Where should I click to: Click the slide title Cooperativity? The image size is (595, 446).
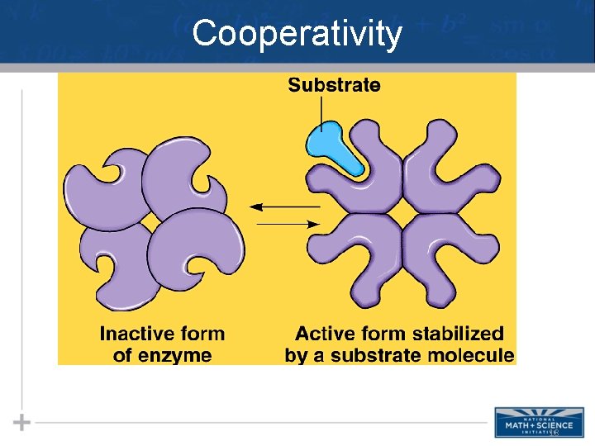click(x=297, y=35)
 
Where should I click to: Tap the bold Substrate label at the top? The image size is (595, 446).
click(x=334, y=85)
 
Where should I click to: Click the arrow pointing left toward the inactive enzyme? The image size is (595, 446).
click(x=285, y=205)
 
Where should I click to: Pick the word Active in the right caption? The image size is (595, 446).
click(x=324, y=334)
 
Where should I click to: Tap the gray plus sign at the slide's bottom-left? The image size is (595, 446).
click(x=22, y=422)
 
